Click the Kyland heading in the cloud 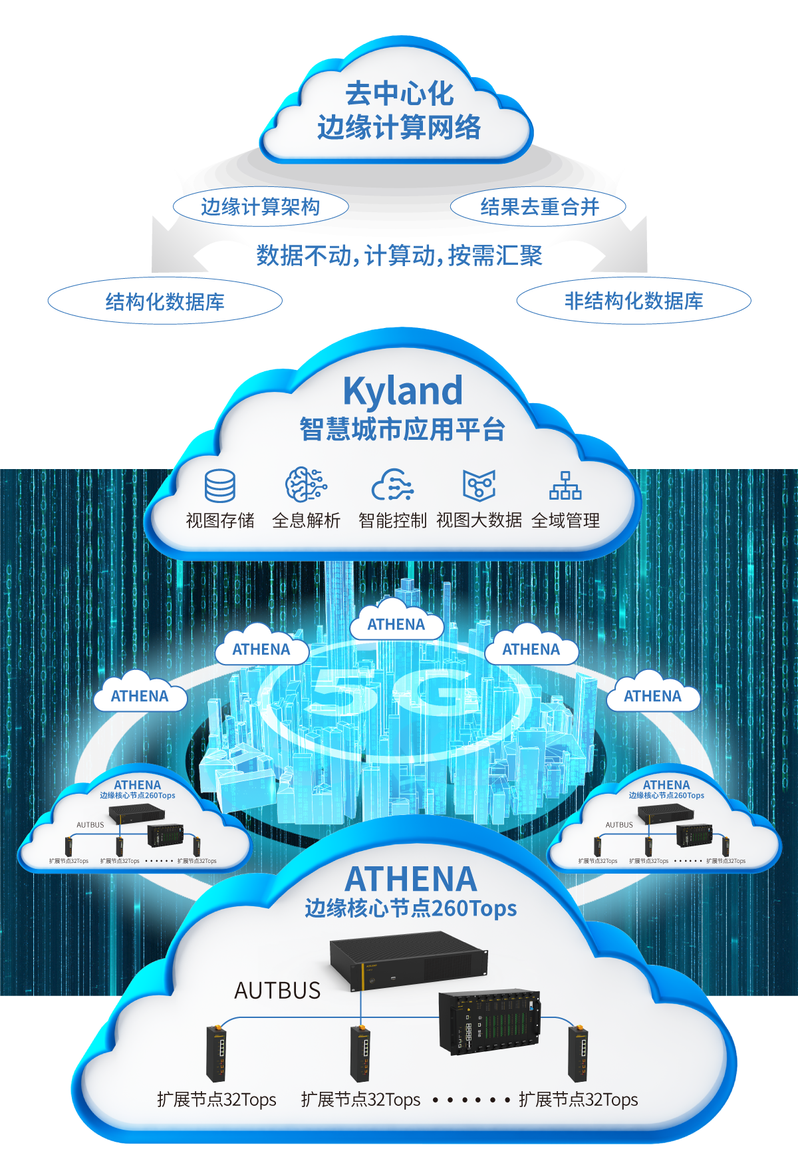point(402,391)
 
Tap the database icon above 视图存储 point(219,486)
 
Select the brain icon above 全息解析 point(306,484)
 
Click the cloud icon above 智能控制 point(392,485)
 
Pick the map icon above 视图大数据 point(479,485)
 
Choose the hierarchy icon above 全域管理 point(565,486)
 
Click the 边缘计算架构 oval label point(261,207)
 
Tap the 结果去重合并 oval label point(539,207)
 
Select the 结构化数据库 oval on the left point(165,301)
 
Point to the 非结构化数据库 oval point(634,301)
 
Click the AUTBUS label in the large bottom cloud point(277,991)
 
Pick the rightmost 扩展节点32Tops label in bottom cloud point(578,1100)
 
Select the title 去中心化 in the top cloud point(399,94)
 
